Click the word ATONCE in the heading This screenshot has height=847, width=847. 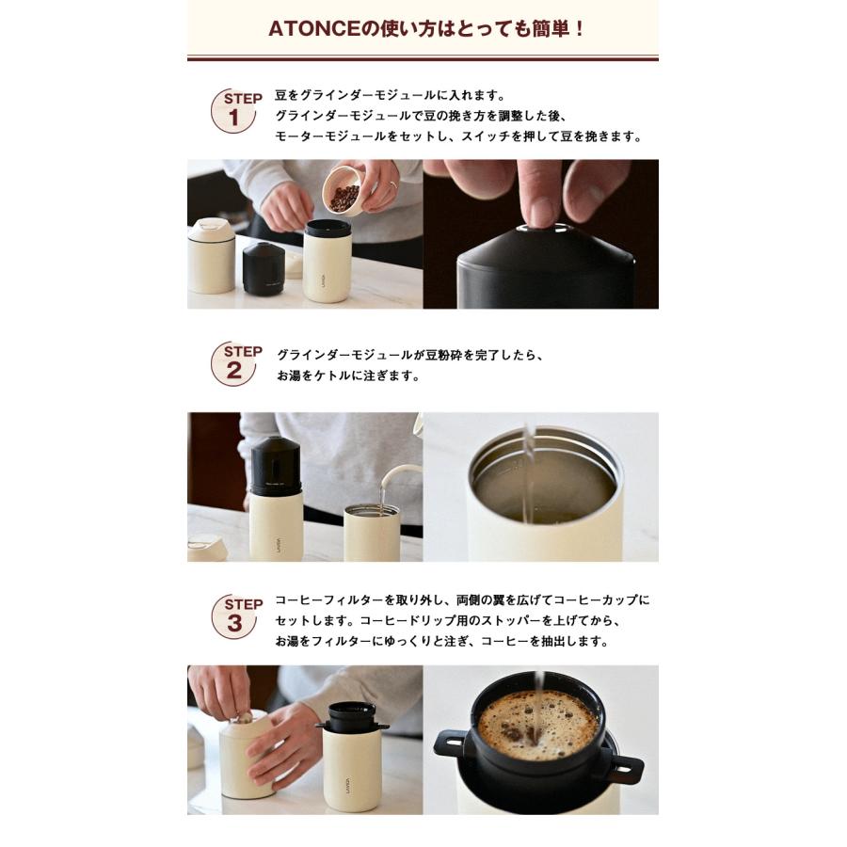point(308,28)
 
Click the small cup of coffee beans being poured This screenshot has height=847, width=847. point(343,191)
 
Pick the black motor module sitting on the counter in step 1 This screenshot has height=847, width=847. point(264,267)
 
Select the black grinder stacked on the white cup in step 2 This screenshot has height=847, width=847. point(276,466)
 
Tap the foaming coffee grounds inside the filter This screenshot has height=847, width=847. point(536,725)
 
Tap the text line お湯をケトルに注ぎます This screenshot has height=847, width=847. point(347,376)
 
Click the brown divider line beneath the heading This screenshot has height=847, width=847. point(423,59)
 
